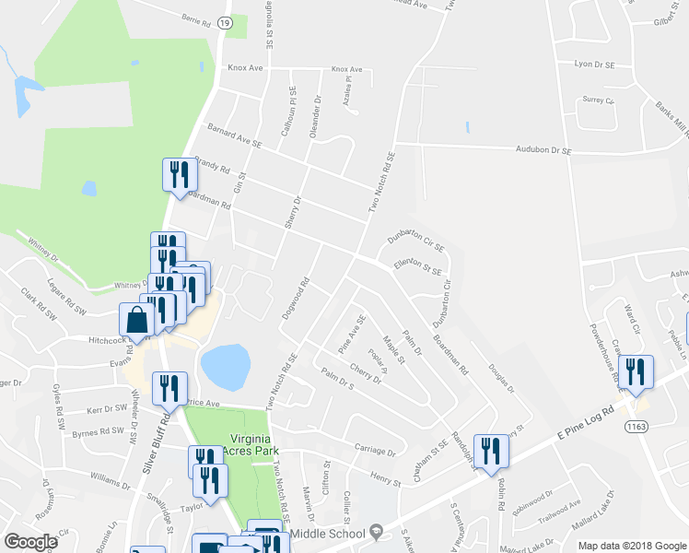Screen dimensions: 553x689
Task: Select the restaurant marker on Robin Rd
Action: pos(491,451)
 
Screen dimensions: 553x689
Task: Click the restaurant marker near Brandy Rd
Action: pos(177,175)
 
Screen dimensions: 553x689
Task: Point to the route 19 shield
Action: pos(226,29)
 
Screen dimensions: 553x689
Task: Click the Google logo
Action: pos(31,542)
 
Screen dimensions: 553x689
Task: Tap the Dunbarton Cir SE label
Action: pos(415,241)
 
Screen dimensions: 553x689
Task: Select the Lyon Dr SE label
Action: pos(594,65)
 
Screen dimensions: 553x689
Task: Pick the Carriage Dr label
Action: pos(374,452)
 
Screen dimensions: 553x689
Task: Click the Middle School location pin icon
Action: pos(375,533)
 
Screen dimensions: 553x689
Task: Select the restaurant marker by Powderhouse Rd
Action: pos(636,371)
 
